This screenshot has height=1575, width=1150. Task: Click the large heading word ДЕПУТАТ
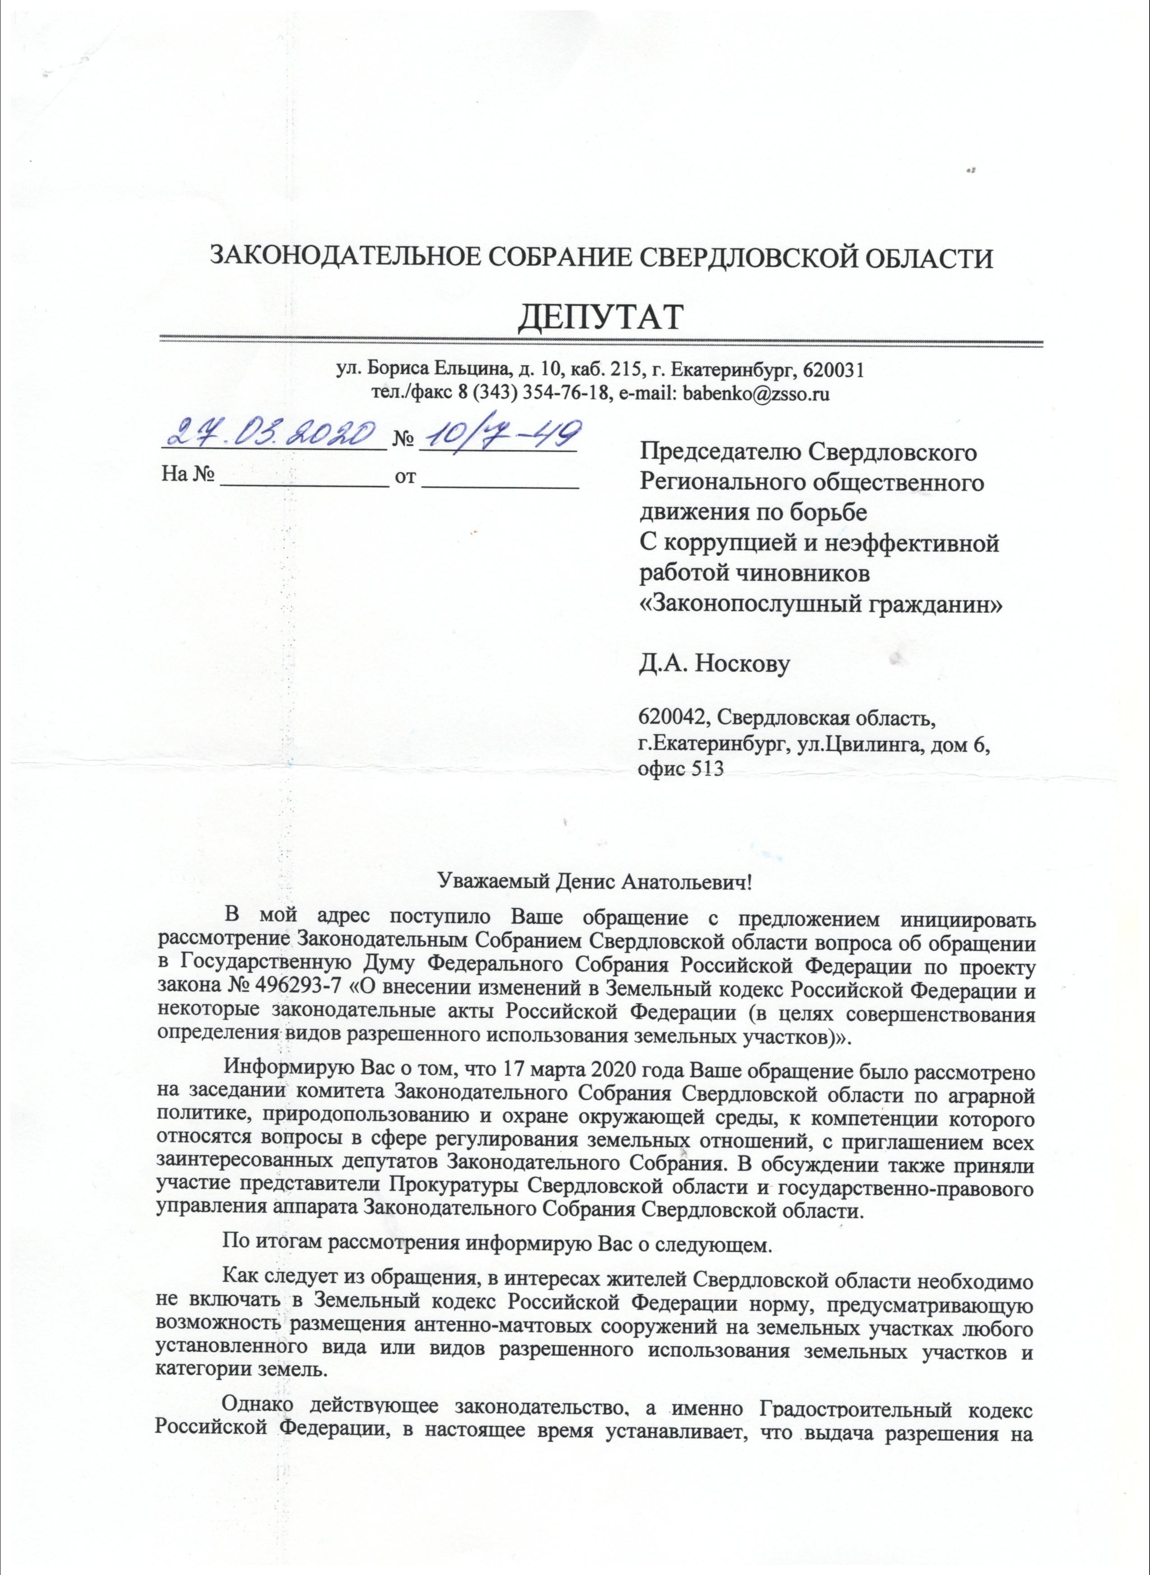600,318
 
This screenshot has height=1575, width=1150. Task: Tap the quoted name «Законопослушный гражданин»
821,603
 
